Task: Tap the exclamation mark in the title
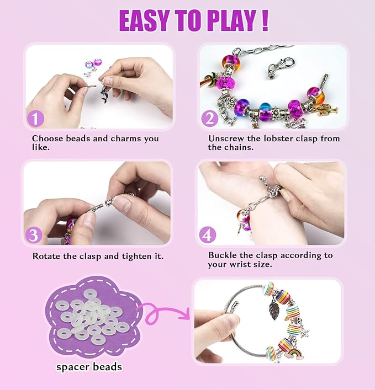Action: point(265,20)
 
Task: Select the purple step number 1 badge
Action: point(35,119)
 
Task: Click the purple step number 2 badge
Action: point(209,119)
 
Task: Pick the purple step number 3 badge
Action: point(34,235)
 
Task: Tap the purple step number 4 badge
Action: point(208,235)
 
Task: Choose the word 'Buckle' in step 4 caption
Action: point(223,255)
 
